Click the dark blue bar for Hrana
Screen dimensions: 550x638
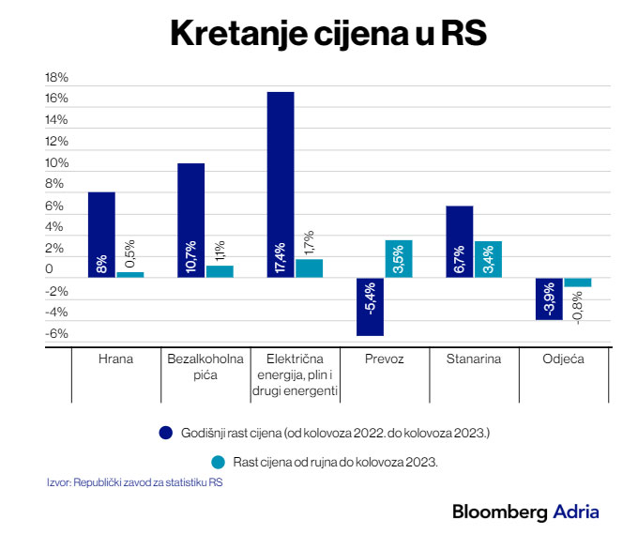(101, 235)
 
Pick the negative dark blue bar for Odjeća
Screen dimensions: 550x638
(549, 298)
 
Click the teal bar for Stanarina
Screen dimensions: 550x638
(488, 259)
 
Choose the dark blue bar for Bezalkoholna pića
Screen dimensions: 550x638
(191, 220)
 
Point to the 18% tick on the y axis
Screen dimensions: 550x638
(57, 77)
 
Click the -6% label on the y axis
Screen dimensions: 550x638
(57, 334)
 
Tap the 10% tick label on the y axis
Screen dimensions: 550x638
(57, 163)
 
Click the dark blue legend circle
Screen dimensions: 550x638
(165, 433)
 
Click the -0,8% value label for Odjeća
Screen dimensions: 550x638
(577, 306)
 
